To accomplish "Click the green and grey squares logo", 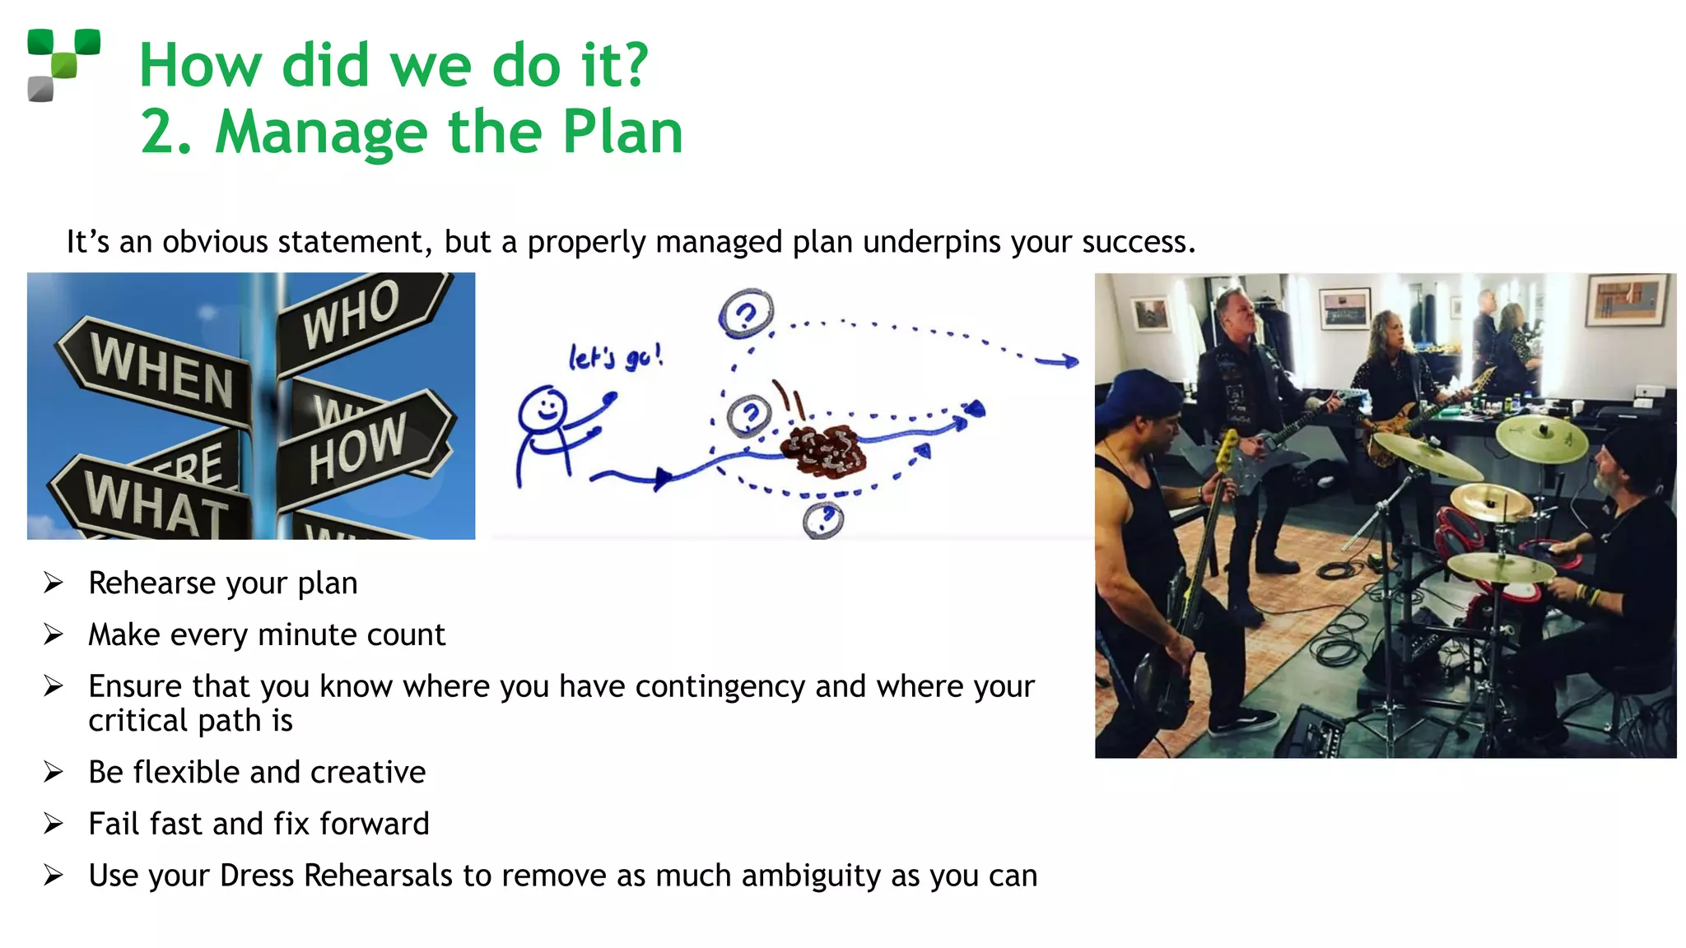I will (x=63, y=65).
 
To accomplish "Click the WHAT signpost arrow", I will (x=152, y=502).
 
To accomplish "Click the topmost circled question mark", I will (x=746, y=314).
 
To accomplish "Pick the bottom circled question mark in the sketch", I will (x=823, y=520).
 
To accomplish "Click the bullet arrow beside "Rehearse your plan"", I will (x=54, y=583).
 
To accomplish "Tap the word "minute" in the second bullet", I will (x=309, y=635).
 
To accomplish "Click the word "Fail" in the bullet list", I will (x=114, y=824).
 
